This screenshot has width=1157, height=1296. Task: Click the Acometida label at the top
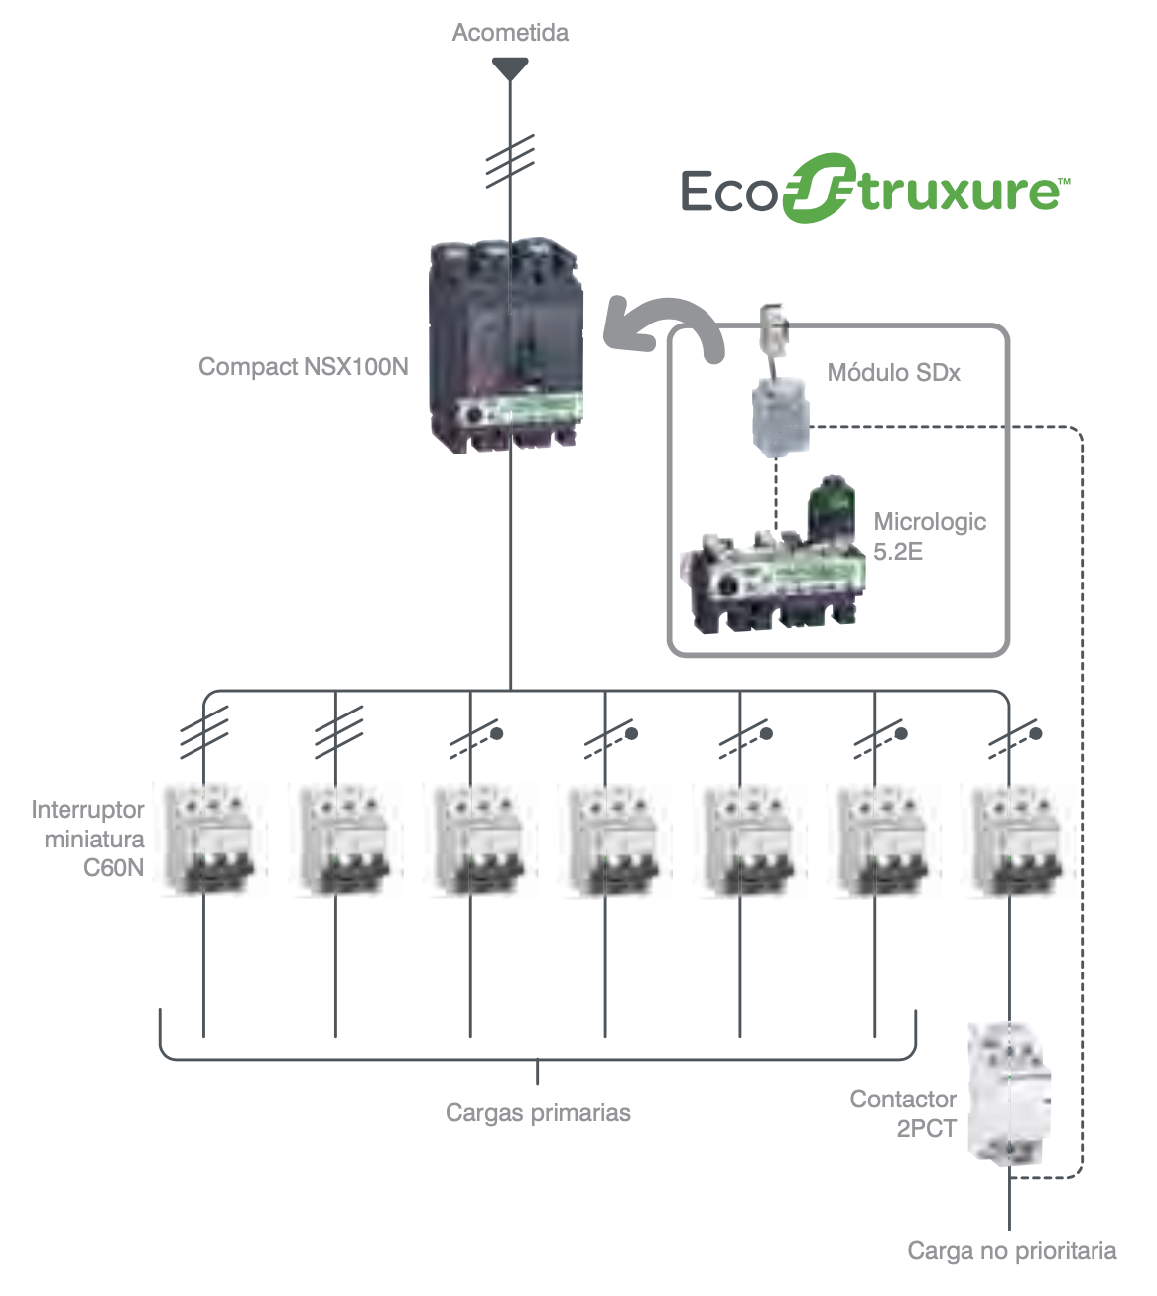[510, 33]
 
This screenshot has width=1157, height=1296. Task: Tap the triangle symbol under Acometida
[510, 68]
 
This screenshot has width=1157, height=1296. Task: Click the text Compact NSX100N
[304, 367]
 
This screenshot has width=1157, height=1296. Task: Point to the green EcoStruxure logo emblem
[819, 189]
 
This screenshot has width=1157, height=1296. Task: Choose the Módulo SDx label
[893, 373]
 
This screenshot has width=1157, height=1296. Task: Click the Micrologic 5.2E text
[929, 536]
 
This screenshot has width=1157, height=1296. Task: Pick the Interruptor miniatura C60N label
[89, 839]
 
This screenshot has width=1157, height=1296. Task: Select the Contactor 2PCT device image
[1009, 1092]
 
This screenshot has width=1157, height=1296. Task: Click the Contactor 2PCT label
[903, 1113]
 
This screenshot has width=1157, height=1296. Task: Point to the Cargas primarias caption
[538, 1113]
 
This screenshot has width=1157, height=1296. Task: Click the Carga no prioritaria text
[1011, 1251]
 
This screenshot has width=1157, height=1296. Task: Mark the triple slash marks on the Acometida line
[510, 161]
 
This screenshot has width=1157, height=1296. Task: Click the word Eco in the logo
[727, 191]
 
